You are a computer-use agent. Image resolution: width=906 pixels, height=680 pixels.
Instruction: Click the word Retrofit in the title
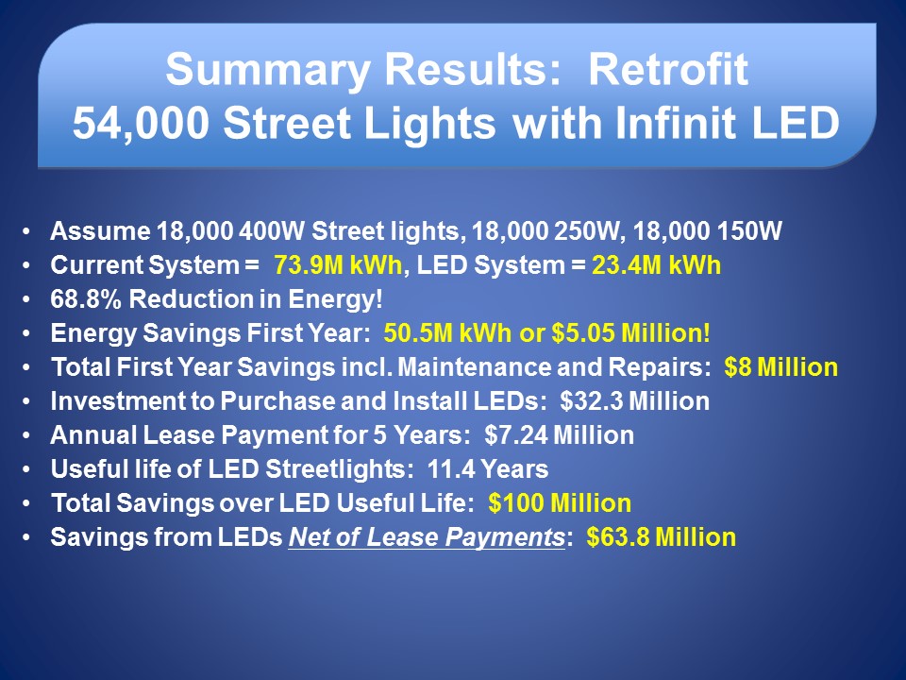(x=668, y=69)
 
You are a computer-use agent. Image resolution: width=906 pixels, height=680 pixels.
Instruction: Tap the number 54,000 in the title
(x=140, y=124)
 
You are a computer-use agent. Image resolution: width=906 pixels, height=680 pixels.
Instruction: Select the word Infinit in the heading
(x=675, y=123)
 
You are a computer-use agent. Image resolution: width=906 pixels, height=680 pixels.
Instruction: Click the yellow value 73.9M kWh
(x=338, y=265)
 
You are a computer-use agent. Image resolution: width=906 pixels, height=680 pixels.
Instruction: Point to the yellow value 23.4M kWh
(x=657, y=265)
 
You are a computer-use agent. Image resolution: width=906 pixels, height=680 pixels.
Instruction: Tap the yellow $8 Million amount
(x=781, y=367)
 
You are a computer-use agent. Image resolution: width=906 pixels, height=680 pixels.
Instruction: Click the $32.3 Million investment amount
(x=635, y=401)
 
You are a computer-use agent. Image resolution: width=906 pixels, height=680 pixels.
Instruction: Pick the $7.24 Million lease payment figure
(x=560, y=435)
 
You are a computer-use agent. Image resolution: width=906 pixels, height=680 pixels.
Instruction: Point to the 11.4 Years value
(x=488, y=469)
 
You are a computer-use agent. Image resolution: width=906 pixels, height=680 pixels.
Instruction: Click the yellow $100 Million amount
(x=560, y=503)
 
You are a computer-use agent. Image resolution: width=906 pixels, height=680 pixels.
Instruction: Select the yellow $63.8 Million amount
(x=662, y=537)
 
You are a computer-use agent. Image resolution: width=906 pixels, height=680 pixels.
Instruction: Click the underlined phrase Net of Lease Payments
(x=427, y=537)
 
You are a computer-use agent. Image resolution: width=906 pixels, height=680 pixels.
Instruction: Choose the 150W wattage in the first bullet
(x=748, y=231)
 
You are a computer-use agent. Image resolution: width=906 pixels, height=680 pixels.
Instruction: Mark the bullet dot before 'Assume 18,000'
(x=26, y=232)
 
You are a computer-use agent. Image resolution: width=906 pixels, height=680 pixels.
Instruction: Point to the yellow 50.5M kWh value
(x=447, y=333)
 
